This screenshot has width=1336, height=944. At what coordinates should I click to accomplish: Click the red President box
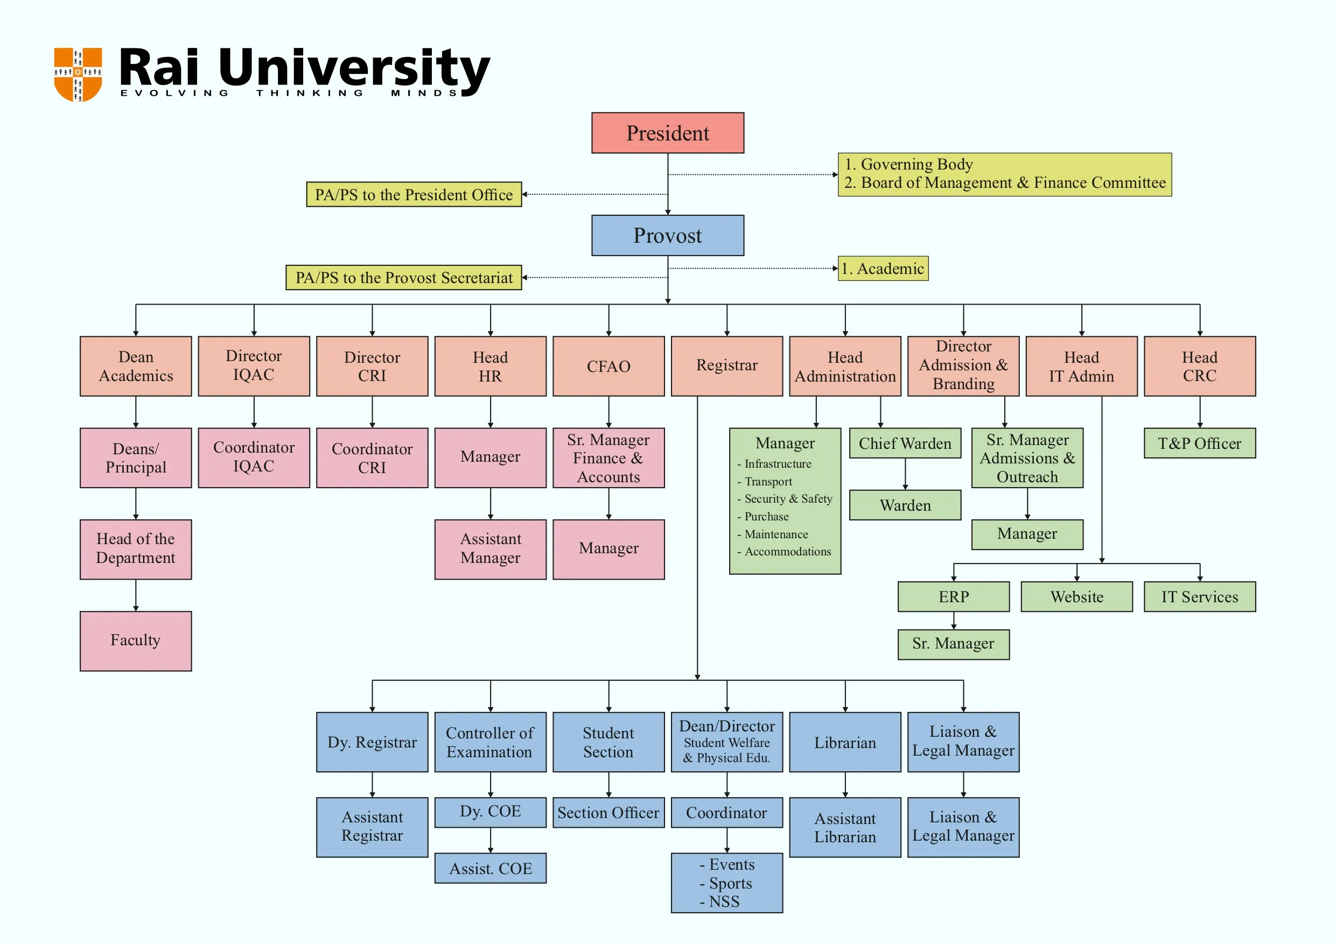(667, 133)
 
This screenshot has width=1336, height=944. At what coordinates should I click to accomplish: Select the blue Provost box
(667, 236)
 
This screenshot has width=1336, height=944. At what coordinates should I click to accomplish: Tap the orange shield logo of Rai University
(78, 74)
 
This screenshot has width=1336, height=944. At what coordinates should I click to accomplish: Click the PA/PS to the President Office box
(414, 194)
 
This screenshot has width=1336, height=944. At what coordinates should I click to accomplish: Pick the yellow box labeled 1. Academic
(883, 268)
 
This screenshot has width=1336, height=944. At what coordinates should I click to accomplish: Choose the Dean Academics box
(136, 367)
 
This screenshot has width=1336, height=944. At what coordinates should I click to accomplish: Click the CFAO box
(608, 367)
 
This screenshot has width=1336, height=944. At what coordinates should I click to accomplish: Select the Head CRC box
(1199, 367)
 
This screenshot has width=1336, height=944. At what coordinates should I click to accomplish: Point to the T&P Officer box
(1199, 443)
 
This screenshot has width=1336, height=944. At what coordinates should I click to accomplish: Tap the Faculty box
(136, 640)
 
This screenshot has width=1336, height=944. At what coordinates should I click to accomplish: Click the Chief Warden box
(905, 443)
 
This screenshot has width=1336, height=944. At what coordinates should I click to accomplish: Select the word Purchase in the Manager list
(766, 517)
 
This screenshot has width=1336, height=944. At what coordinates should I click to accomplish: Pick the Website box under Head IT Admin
(1076, 597)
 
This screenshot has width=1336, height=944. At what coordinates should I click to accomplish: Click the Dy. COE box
(490, 812)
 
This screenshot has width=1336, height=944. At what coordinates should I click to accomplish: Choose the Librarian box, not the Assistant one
(845, 742)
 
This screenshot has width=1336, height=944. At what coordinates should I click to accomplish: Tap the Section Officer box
(608, 813)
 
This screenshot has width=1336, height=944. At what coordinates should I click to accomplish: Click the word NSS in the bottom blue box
(724, 901)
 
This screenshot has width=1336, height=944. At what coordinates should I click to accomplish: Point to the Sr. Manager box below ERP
(953, 644)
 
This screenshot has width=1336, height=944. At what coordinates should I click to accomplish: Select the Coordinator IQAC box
(254, 457)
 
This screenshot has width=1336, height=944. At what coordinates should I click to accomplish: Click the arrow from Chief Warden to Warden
(905, 474)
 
